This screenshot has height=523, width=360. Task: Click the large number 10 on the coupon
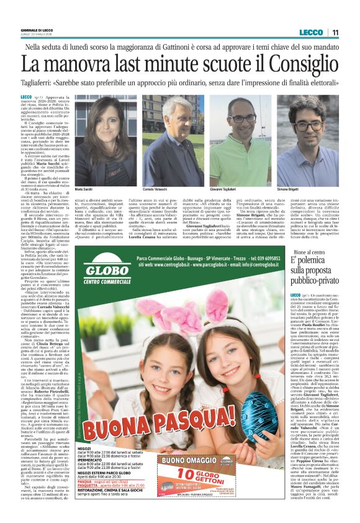tap(181, 483)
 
